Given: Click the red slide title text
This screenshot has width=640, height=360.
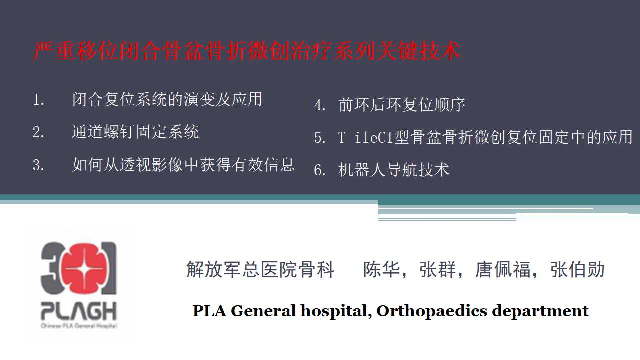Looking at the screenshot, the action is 246,51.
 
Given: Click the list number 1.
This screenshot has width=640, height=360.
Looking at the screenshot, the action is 38,100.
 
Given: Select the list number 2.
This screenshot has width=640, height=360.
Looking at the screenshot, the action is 38,132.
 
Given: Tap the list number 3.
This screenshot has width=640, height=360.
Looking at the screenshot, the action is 38,165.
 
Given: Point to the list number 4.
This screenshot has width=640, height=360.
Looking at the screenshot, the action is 320,105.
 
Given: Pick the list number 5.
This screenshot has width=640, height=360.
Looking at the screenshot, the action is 320,137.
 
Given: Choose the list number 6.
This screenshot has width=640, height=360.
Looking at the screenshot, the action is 320,170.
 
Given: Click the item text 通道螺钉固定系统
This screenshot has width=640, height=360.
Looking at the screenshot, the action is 135,132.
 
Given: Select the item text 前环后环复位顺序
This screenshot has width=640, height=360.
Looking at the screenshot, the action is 401,105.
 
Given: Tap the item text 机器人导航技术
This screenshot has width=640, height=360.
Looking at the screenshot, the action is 394,169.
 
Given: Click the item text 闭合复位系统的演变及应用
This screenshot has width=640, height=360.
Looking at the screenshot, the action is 167,99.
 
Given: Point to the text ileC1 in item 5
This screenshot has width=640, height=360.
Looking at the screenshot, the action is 374,137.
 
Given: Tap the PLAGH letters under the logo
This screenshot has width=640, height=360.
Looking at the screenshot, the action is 79,311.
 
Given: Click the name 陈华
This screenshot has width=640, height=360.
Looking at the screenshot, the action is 381,269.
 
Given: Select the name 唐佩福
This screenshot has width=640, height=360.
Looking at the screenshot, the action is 503,269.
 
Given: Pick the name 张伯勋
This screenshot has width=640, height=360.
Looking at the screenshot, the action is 577,269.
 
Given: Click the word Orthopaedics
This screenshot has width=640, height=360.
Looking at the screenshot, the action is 432,311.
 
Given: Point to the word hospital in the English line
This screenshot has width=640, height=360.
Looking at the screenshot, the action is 336,311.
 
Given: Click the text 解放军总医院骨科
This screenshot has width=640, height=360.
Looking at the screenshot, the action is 260,269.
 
